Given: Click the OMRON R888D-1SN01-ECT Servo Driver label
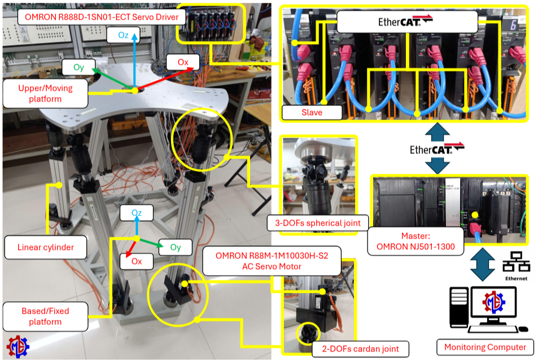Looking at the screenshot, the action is point(102,17).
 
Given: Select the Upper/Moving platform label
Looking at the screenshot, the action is point(45,94).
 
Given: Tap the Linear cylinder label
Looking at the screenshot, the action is point(46,247).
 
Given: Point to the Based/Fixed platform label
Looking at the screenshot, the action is point(45,316).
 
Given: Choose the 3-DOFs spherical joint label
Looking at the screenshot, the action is point(318,223).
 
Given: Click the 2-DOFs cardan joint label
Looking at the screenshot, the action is point(360,349).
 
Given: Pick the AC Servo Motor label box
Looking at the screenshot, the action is point(272,261).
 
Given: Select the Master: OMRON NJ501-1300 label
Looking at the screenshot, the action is point(415,241).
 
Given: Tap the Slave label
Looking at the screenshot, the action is point(312,112).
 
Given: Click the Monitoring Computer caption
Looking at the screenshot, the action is point(485,348).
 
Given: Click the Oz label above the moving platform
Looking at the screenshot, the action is point(123,35).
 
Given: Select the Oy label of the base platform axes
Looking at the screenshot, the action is point(176,247).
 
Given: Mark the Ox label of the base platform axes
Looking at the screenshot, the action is point(137,261).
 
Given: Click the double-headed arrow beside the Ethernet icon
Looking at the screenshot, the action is point(483,264).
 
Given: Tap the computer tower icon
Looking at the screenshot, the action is point(459,307).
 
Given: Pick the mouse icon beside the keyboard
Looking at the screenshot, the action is point(523,329).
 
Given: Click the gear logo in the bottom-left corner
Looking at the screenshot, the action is point(18,347).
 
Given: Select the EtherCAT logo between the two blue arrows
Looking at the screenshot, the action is point(437,148).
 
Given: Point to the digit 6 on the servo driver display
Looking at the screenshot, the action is point(513,25).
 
